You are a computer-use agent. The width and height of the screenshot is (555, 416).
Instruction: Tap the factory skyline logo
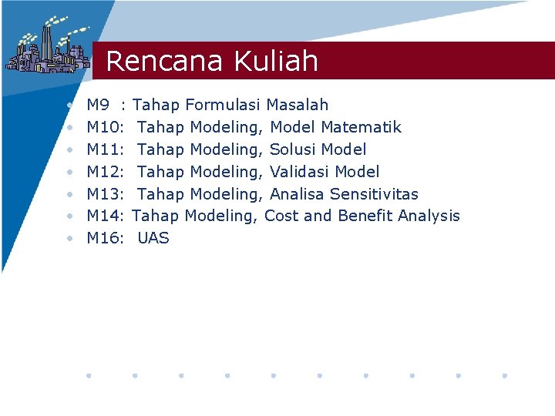pyautogui.click(x=46, y=48)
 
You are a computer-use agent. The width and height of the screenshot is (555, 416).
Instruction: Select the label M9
pyautogui.click(x=99, y=105)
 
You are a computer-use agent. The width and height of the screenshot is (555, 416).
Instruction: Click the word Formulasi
pyautogui.click(x=224, y=105)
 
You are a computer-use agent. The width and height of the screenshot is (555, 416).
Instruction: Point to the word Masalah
pyautogui.click(x=298, y=105)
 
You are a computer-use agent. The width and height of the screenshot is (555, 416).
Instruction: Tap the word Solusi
pyautogui.click(x=293, y=149)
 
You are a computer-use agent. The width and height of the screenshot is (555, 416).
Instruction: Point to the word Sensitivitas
pyautogui.click(x=374, y=194)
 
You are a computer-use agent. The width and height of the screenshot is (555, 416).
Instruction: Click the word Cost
pyautogui.click(x=281, y=216)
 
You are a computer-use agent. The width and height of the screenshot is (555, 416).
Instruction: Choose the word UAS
pyautogui.click(x=153, y=239)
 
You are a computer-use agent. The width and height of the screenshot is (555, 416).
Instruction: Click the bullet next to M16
pyautogui.click(x=70, y=239)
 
